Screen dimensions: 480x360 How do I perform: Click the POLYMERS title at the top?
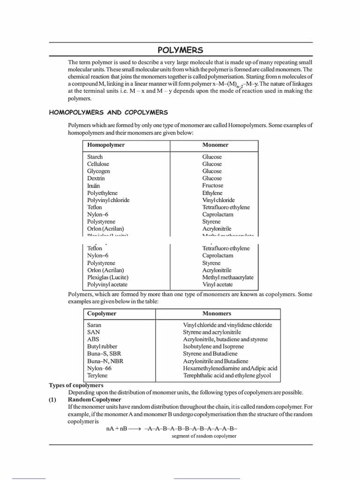pos(180,50)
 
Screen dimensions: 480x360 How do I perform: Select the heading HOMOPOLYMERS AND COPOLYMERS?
pos(109,112)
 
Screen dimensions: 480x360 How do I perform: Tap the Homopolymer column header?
pos(106,145)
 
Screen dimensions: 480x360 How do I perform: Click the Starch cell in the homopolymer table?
pos(95,157)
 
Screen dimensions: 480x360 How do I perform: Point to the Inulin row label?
pos(93,186)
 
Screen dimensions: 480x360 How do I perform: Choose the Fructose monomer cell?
pos(213,186)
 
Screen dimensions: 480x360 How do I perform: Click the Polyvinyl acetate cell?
pos(107,284)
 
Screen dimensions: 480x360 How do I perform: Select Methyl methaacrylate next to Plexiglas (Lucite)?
pos(228,277)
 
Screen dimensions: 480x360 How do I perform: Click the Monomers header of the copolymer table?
pos(217,313)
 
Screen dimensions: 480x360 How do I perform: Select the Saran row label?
pos(94,324)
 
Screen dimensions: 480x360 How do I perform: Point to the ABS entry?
pos(93,339)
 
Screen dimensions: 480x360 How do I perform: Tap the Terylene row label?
pos(97,375)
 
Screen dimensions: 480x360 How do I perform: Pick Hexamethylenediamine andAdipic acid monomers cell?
pos(230,368)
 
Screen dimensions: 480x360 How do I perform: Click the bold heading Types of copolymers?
pos(76,385)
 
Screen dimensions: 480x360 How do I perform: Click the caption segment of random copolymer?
pos(204,436)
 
